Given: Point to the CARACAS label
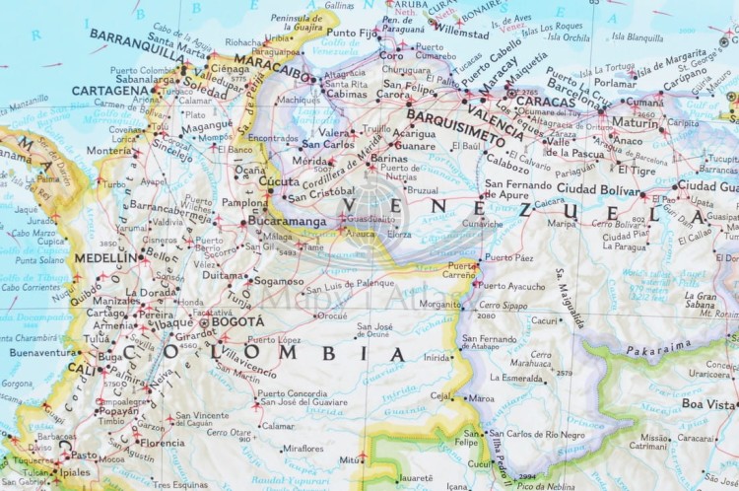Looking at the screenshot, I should (544, 101).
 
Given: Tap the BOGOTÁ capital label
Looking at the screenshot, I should (237, 321).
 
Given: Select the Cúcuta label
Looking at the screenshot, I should (279, 181).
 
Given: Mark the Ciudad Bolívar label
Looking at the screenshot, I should (598, 187).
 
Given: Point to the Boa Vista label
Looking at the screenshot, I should (708, 404).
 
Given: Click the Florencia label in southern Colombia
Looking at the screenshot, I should (162, 443).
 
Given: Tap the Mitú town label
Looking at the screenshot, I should (350, 458).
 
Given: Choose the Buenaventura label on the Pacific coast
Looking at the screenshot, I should (38, 352).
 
